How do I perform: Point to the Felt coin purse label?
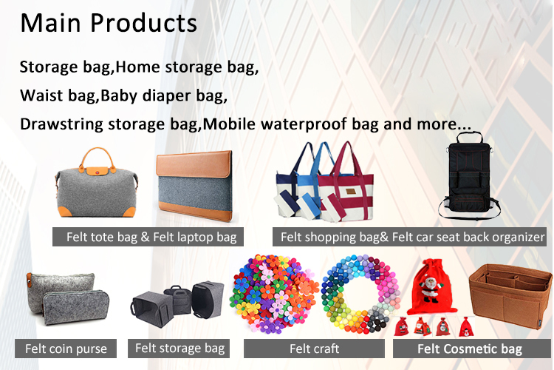click(x=66, y=349)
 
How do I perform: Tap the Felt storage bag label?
click(x=179, y=347)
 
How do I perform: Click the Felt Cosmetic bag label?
click(x=470, y=349)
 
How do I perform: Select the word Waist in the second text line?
click(x=39, y=95)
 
